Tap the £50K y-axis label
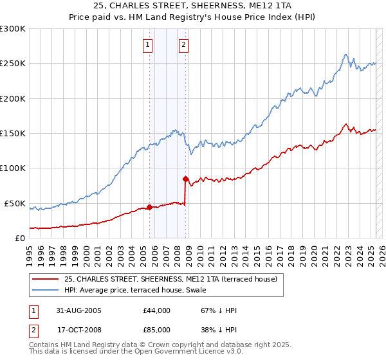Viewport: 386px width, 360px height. tap(15, 203)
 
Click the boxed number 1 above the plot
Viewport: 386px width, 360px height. tap(149, 45)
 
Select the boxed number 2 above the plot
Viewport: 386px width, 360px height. tap(184, 45)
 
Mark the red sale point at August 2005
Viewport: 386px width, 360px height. tap(150, 207)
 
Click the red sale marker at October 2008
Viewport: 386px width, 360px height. tap(185, 179)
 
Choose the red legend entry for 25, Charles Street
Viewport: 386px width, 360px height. tap(170, 279)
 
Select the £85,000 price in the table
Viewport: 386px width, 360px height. tap(157, 329)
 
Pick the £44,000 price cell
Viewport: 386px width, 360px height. tap(157, 310)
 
